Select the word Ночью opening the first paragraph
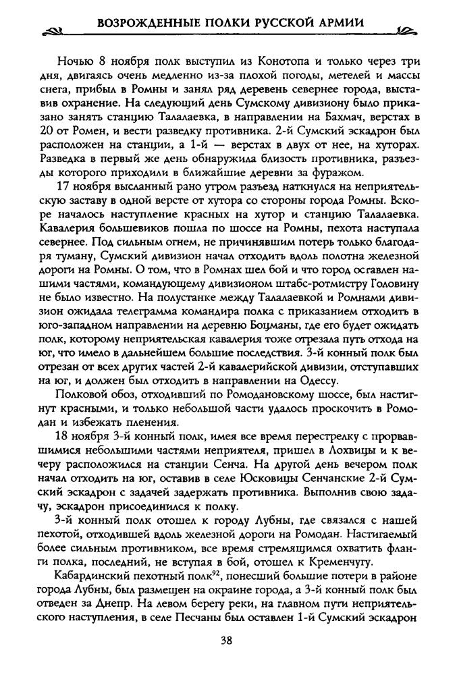coord(75,57)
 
